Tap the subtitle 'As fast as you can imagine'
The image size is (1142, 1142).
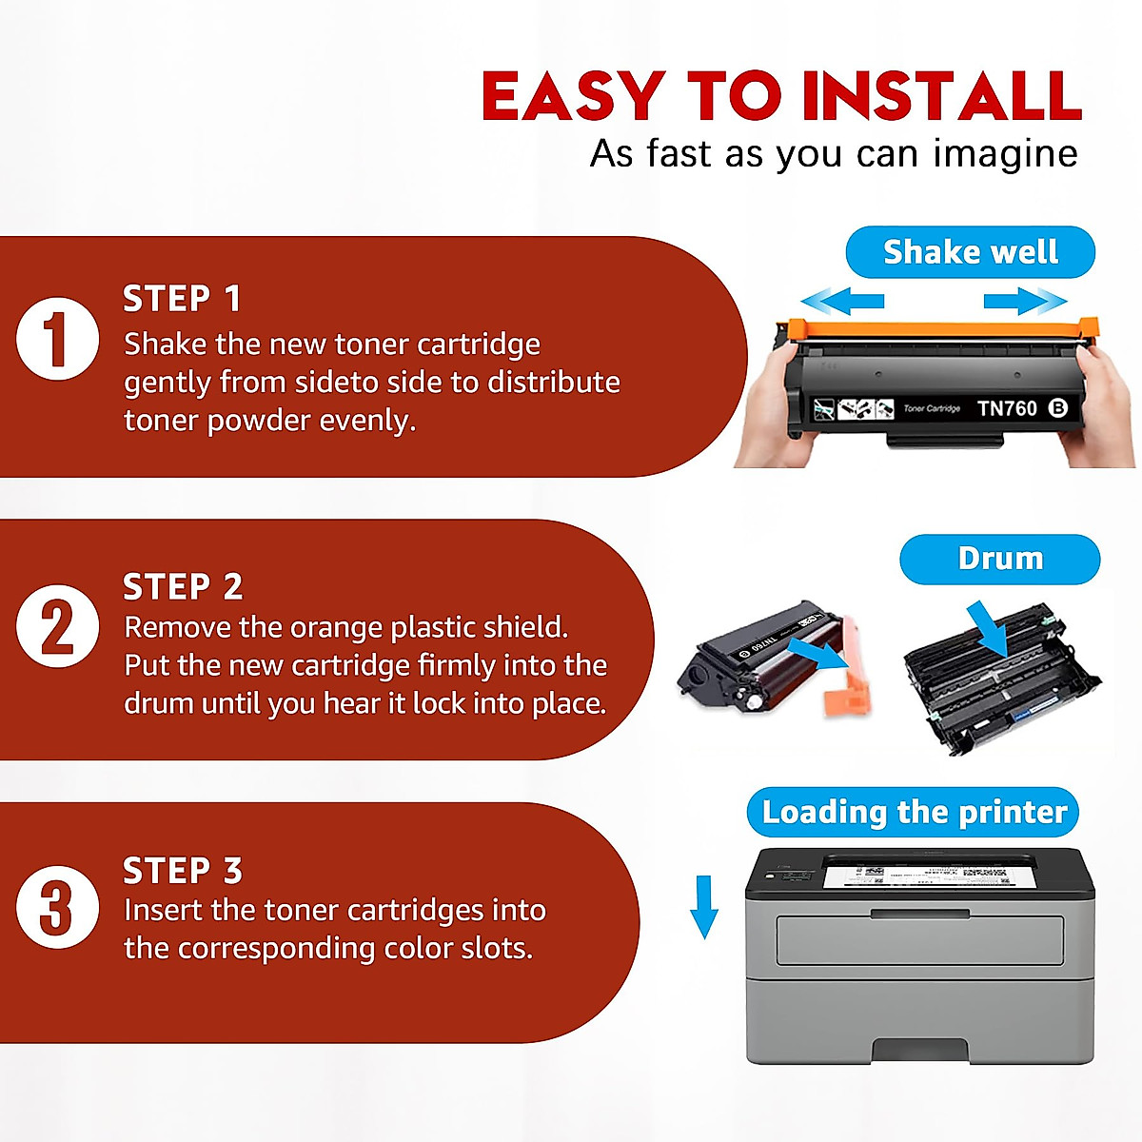point(834,154)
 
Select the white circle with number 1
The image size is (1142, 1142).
point(57,340)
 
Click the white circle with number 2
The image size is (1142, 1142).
point(57,626)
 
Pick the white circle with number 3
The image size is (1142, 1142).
point(57,907)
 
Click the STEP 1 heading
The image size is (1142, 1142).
point(182,299)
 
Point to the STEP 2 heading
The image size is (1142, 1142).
point(183,587)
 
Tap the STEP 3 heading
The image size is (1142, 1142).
point(183,871)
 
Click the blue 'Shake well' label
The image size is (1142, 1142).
point(970,252)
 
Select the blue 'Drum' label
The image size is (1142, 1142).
point(999,559)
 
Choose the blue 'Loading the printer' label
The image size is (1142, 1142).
point(914,812)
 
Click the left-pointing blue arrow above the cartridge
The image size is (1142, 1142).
point(843,303)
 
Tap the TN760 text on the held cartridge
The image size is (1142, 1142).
point(1007,408)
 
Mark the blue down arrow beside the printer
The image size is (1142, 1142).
point(703,907)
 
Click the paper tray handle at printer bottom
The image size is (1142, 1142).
point(919,1050)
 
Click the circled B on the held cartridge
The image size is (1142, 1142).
point(1057,408)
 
